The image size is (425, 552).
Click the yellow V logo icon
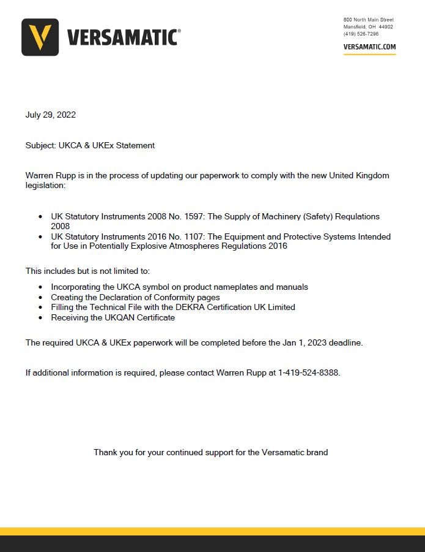pos(40,37)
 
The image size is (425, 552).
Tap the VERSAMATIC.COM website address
pos(369,47)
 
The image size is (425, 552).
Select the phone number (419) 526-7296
pos(361,34)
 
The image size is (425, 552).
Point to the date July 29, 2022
pos(51,115)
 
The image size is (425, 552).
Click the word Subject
pos(40,145)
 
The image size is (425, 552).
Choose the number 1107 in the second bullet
pos(185,236)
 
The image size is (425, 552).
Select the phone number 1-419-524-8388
pos(308,372)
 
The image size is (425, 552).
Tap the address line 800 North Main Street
pos(368,20)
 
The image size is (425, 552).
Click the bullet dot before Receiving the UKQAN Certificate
pos(40,318)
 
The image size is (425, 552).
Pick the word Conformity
pos(178,297)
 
